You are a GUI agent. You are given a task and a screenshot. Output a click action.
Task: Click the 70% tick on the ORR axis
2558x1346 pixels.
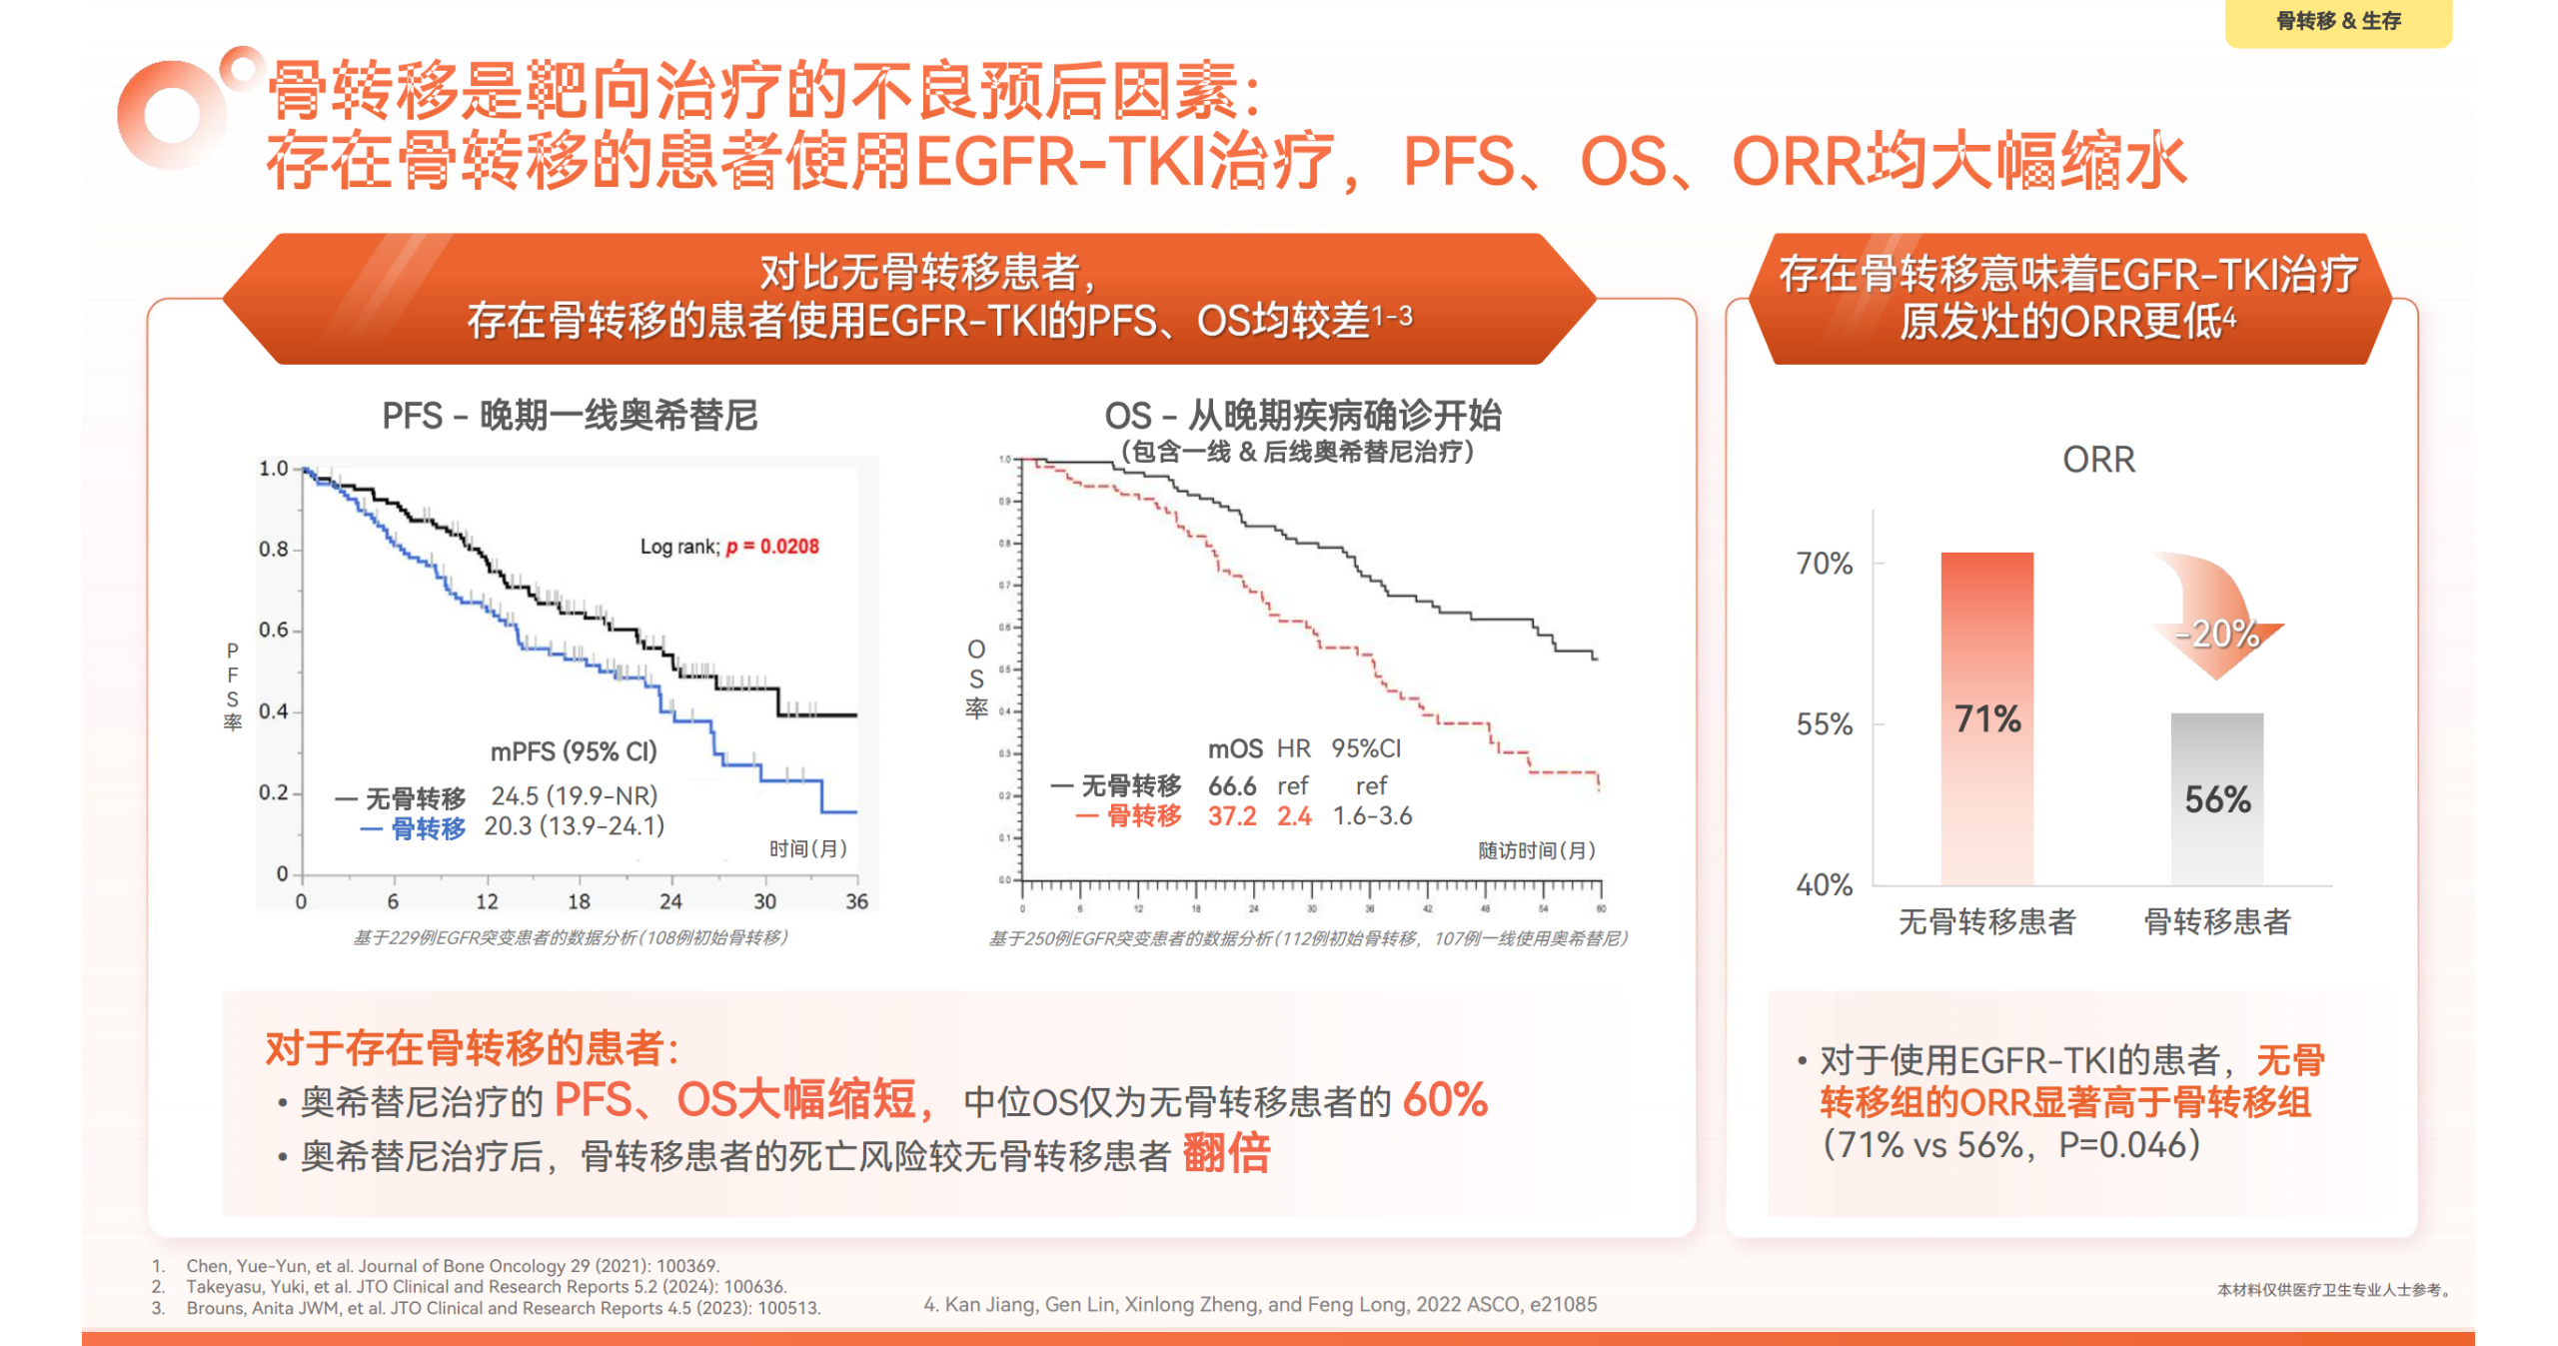click(x=1824, y=564)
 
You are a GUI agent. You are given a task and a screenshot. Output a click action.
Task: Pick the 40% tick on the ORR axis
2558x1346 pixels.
click(x=1824, y=884)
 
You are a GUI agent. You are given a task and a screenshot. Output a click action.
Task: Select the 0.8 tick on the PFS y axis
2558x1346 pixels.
click(x=273, y=549)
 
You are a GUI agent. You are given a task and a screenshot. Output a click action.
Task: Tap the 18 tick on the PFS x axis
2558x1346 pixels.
click(x=579, y=901)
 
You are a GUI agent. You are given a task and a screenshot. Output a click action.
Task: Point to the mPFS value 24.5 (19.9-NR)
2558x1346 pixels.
click(x=574, y=795)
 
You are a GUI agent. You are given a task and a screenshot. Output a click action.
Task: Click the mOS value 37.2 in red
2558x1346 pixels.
click(x=1231, y=816)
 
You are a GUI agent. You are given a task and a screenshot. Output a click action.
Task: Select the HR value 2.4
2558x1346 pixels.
click(x=1293, y=816)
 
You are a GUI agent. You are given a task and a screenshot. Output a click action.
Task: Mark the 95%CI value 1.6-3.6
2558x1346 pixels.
click(x=1372, y=816)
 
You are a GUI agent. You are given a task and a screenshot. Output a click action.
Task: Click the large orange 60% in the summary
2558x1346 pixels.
click(x=1444, y=1100)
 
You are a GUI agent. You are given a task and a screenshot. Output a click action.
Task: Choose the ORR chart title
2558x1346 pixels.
click(x=2097, y=460)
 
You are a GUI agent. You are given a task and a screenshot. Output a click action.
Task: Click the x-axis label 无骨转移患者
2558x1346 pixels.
click(x=1985, y=921)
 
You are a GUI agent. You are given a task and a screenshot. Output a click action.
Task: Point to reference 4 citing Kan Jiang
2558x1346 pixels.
click(x=1259, y=1304)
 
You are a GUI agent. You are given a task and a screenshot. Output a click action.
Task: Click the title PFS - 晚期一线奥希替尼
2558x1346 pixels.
click(x=570, y=416)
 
